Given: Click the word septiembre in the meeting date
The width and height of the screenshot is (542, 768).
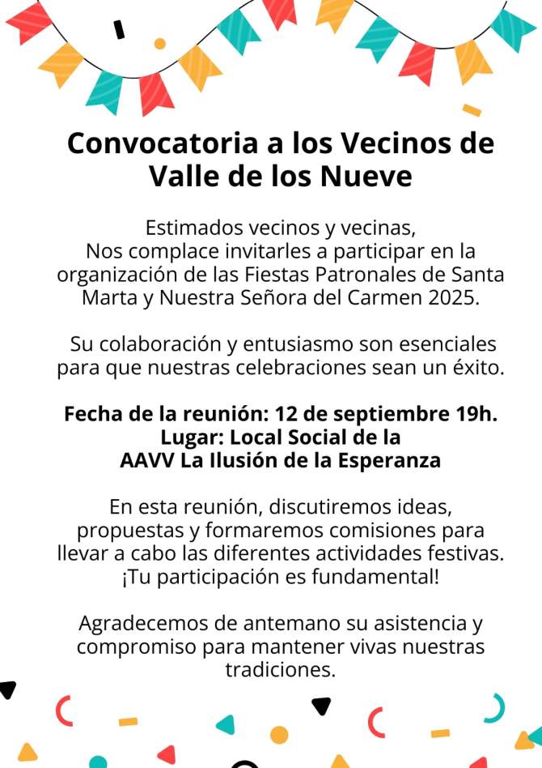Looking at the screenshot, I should (x=379, y=413).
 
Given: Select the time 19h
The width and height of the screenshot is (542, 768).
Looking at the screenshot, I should (x=473, y=413).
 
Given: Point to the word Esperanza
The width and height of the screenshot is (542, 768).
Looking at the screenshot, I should (x=382, y=460).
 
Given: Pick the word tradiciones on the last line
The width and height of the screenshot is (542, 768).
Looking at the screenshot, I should (x=280, y=672).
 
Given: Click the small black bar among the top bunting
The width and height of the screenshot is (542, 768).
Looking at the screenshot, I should (x=120, y=29).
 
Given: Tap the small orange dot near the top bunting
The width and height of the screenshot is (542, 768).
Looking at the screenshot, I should (x=159, y=43).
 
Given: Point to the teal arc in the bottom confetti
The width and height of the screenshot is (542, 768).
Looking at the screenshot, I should (x=494, y=706).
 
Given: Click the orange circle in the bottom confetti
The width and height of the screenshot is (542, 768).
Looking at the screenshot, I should (x=279, y=735).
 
